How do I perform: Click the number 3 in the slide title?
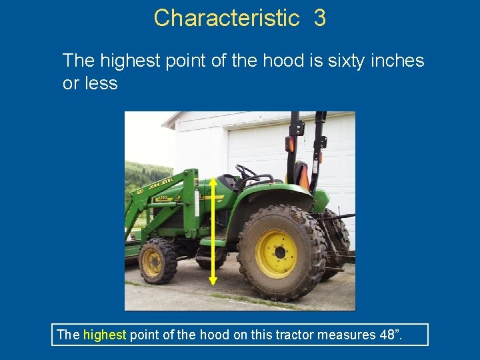pyautogui.click(x=319, y=18)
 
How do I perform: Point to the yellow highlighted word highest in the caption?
pyautogui.click(x=104, y=335)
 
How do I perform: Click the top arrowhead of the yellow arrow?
pyautogui.click(x=213, y=181)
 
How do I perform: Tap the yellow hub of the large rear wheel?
pyautogui.click(x=276, y=253)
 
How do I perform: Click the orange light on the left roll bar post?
pyautogui.click(x=291, y=143)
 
